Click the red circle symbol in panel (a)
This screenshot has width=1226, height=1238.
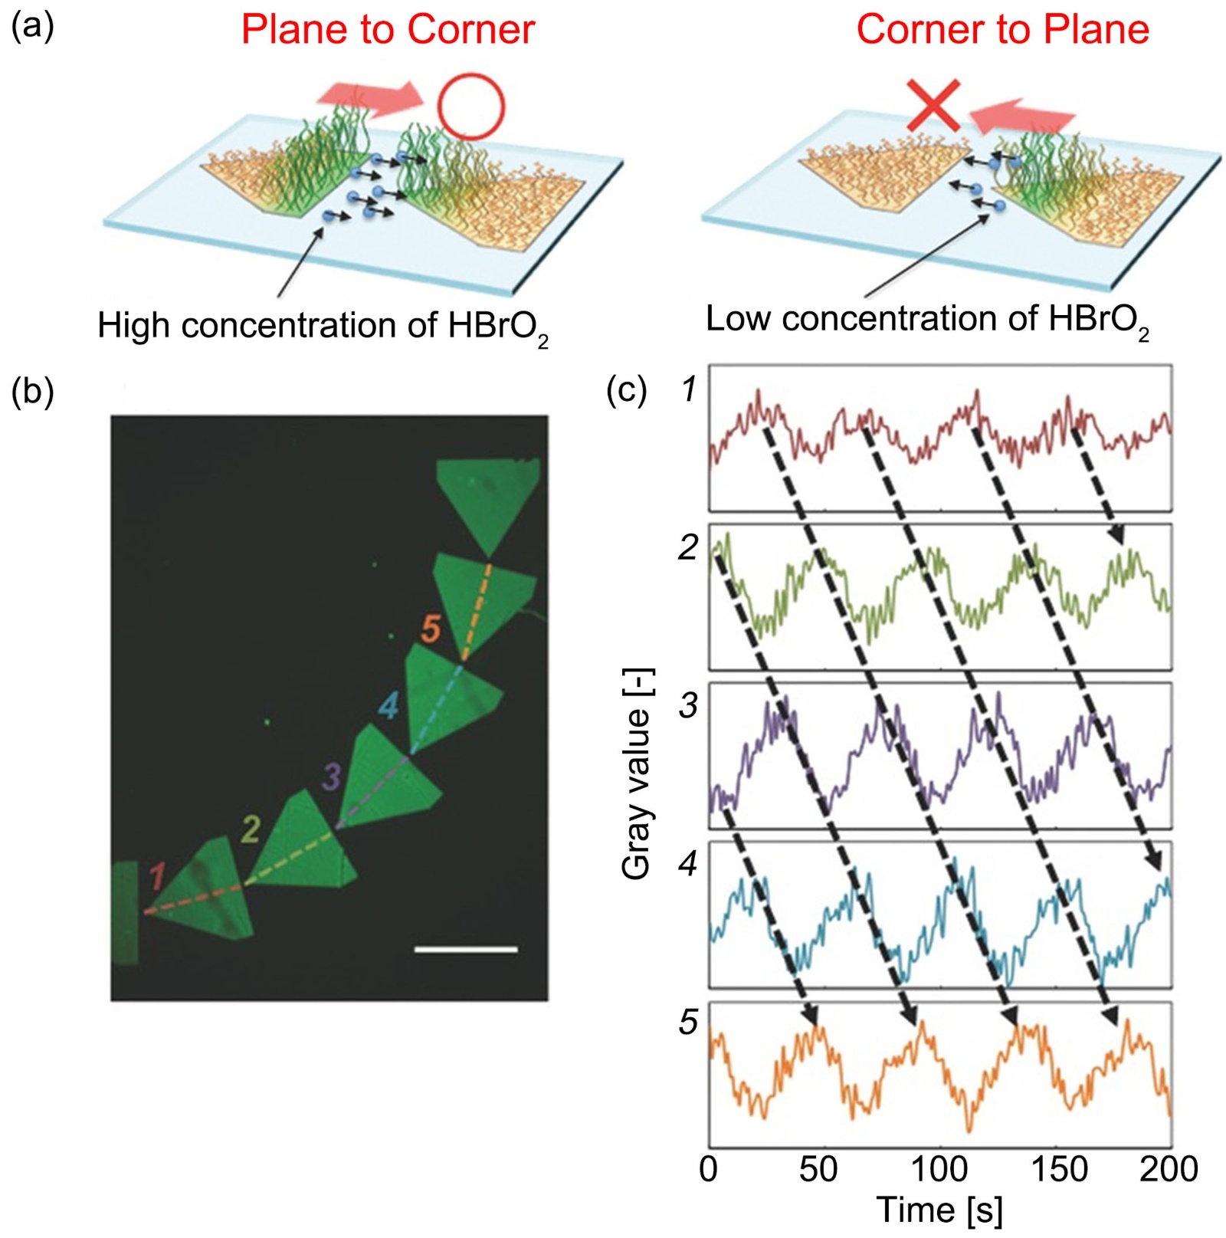pos(470,106)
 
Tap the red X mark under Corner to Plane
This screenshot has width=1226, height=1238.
pos(934,105)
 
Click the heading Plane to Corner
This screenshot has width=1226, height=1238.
pos(388,30)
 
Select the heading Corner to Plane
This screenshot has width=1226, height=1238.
pos(1002,30)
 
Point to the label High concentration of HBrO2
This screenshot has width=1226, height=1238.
pos(323,327)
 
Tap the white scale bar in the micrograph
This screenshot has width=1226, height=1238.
pos(465,950)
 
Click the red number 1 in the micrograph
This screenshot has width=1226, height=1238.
pos(157,876)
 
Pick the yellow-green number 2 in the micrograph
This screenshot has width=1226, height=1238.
pos(251,829)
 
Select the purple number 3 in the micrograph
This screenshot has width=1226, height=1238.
pos(331,777)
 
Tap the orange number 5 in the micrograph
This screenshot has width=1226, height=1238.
pos(431,629)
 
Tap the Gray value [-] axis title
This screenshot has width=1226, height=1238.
pos(637,774)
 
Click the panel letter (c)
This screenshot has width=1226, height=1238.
pos(626,390)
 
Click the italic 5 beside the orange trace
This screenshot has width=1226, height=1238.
pos(688,1023)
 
